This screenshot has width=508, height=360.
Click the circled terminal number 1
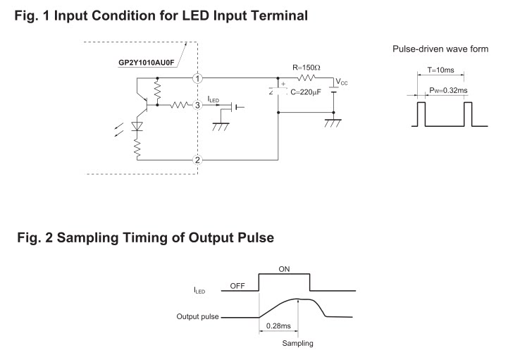[x=197, y=78]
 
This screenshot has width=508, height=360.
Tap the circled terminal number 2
[x=197, y=160]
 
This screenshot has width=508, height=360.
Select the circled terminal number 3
[x=197, y=105]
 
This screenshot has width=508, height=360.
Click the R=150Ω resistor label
[x=306, y=68]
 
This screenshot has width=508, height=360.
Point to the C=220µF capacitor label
[x=306, y=92]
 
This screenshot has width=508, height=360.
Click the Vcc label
[x=342, y=82]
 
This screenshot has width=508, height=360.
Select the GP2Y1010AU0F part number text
[x=146, y=63]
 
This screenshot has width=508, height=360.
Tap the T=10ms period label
[x=440, y=70]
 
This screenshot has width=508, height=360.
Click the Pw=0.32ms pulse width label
[x=448, y=90]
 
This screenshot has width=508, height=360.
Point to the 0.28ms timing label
[x=278, y=325]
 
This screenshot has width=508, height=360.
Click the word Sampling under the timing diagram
[x=298, y=343]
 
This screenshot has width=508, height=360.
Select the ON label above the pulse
[x=284, y=269]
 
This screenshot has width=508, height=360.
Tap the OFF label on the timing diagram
[x=237, y=286]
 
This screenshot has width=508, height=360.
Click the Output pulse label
[x=197, y=316]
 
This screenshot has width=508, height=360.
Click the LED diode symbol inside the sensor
[x=137, y=126]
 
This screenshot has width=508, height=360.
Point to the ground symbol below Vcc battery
[x=333, y=123]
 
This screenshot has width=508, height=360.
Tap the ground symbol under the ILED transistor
[x=221, y=127]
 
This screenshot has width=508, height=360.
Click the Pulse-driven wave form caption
[x=440, y=49]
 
